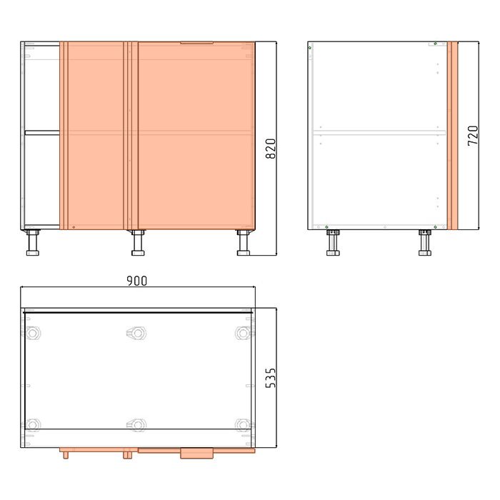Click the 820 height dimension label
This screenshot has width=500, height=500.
(271, 149)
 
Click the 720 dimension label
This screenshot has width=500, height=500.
(473, 136)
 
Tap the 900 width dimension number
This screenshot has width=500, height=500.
(137, 281)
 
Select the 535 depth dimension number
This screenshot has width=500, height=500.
(271, 378)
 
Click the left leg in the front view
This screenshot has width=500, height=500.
(33, 242)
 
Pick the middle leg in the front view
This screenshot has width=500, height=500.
(138, 242)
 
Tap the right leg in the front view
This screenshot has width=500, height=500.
(244, 242)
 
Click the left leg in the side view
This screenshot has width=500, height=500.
(333, 242)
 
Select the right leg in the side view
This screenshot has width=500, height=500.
(425, 242)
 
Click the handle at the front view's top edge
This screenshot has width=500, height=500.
(196, 42)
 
